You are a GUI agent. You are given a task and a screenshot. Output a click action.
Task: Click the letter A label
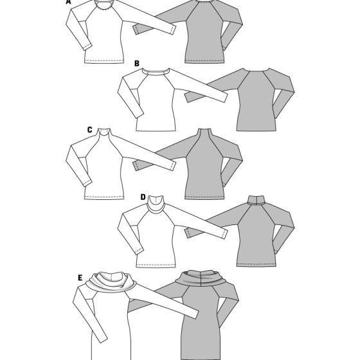pyautogui.click(x=68, y=2)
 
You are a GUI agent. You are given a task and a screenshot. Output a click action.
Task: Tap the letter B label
pyautogui.click(x=137, y=64)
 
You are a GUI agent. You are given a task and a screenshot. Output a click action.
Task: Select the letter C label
pyautogui.click(x=90, y=130)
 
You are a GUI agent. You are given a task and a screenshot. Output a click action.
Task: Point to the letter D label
pyautogui.click(x=143, y=197)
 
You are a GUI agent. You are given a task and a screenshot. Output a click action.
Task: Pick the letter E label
pyautogui.click(x=80, y=278)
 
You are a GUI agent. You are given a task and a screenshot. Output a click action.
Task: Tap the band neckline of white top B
pyautogui.click(x=156, y=72)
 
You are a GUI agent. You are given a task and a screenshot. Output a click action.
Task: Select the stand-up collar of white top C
pyautogui.click(x=104, y=132)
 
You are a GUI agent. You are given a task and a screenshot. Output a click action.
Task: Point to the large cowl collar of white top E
pyautogui.click(x=111, y=282)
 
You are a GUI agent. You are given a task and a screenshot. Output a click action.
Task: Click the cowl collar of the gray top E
pyautogui.click(x=201, y=278)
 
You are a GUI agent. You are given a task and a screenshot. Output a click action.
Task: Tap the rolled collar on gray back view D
pyautogui.click(x=256, y=200)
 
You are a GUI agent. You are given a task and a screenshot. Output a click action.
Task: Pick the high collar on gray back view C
pyautogui.click(x=204, y=132)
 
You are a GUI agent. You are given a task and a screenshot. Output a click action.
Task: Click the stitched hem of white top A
pyautogui.click(x=104, y=62)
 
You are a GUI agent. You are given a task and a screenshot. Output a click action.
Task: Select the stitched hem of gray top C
pyautogui.click(x=204, y=197)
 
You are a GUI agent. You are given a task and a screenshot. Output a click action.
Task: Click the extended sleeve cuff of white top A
pyautogui.click(x=174, y=30)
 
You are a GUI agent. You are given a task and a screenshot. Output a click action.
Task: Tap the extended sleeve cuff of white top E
pyautogui.click(x=195, y=314)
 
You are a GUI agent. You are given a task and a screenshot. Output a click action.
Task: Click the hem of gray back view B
pyautogui.click(x=256, y=130)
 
